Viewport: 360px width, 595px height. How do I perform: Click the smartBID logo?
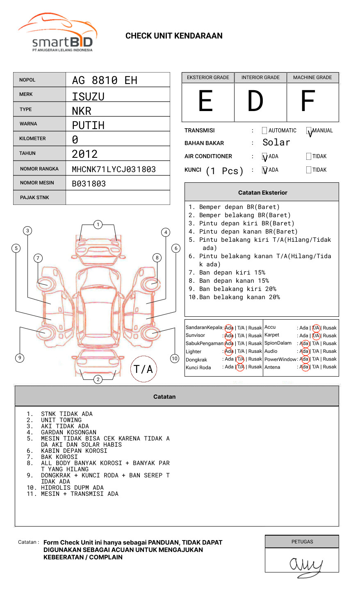57,33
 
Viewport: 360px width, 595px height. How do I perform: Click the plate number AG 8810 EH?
105,80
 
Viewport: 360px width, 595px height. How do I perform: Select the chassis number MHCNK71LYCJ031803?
114,169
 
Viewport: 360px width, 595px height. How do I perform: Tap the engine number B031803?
89,184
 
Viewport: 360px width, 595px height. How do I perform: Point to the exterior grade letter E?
206,101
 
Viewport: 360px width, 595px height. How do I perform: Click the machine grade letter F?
308,101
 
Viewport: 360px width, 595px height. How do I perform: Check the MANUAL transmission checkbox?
309,131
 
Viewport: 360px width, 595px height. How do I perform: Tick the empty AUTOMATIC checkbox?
264,131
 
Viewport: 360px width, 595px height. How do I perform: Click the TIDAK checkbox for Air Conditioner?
309,157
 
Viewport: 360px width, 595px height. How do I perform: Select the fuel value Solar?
276,143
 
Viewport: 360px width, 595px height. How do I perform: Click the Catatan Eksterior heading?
262,193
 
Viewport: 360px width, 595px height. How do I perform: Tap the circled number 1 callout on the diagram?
98,225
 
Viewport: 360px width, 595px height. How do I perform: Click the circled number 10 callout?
175,359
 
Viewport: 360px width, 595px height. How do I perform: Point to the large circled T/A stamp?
144,369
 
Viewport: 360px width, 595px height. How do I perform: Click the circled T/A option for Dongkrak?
241,359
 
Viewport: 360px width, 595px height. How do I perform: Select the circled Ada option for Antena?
304,367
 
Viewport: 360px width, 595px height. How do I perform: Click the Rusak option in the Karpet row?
330,336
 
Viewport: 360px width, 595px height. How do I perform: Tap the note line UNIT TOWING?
61,420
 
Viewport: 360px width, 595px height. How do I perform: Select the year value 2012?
84,154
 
